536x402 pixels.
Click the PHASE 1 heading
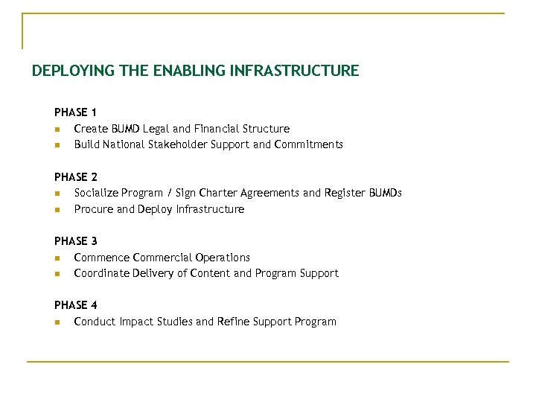(75, 112)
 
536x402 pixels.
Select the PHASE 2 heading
(75, 177)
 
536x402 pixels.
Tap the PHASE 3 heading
(75, 241)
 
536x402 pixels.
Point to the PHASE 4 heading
(75, 305)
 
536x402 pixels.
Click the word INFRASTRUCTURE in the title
(295, 71)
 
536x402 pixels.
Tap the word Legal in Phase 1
(156, 129)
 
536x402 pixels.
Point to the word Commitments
(309, 144)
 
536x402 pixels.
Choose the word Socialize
(98, 194)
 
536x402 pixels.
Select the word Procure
(94, 209)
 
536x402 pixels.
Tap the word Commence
(101, 258)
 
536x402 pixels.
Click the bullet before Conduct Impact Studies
(57, 322)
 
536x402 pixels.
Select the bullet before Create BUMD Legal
(57, 130)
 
